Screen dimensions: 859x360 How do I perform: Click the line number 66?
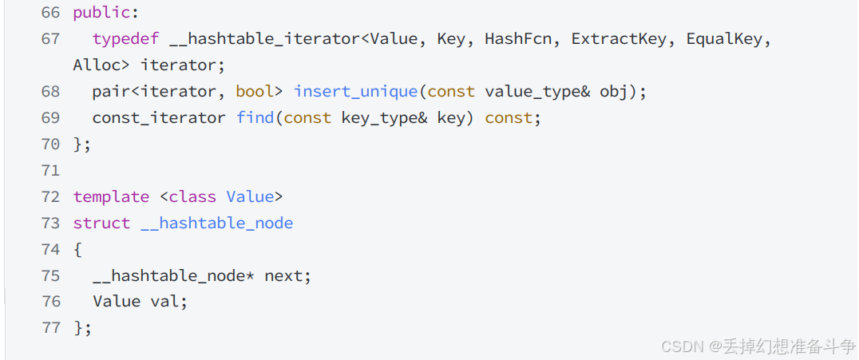click(49, 13)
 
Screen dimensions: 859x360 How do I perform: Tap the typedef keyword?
click(125, 39)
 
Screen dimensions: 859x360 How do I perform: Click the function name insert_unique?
click(355, 92)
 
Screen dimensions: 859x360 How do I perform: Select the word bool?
click(255, 92)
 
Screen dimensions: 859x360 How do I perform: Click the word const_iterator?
click(159, 118)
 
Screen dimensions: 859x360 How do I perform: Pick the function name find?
click(255, 118)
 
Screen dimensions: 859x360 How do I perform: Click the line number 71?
click(49, 171)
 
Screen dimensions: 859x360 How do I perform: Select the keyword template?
click(111, 197)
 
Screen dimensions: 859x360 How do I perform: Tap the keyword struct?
click(101, 224)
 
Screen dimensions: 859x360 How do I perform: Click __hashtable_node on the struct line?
click(216, 224)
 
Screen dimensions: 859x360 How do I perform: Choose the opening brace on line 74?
click(77, 250)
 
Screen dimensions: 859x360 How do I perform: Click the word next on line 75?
click(283, 276)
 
